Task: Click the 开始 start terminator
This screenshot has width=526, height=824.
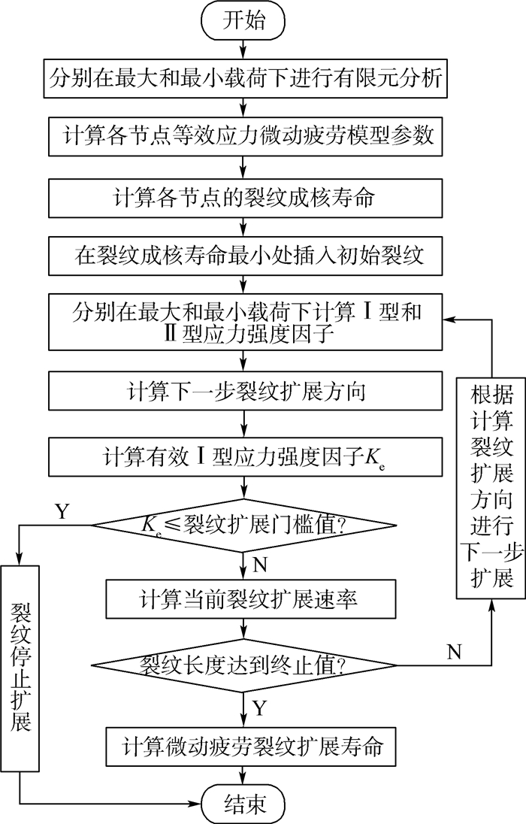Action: tap(243, 20)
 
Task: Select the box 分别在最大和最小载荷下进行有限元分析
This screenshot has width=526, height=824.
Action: tap(243, 77)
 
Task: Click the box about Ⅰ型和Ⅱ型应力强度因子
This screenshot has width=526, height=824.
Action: tap(243, 319)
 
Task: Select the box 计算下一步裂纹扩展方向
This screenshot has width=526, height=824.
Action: tap(243, 390)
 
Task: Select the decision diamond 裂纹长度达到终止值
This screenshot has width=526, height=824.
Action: tap(243, 665)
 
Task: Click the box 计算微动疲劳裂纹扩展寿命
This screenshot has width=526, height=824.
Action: tap(243, 747)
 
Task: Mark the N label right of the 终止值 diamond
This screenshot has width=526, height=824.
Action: tap(453, 652)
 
